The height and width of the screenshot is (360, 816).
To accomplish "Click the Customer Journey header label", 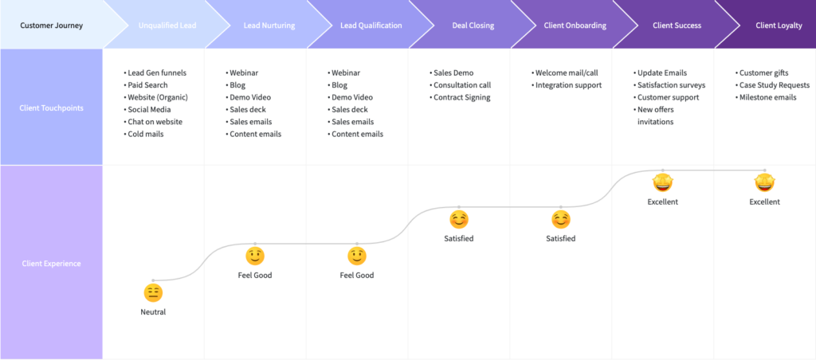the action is (51, 25).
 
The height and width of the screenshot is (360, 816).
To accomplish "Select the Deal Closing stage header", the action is (465, 25).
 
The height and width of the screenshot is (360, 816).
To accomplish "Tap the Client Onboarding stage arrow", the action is (567, 25).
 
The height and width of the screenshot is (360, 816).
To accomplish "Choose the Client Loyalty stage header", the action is (779, 25).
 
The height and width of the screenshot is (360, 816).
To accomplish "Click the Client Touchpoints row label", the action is (51, 108).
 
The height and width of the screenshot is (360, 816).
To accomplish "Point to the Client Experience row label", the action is (51, 264).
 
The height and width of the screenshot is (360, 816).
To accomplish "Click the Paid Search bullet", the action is (146, 84).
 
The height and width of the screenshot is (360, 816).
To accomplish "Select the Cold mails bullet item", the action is (143, 134).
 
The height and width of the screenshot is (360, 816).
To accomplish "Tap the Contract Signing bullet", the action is (460, 97).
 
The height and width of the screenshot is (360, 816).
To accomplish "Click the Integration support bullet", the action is (567, 84).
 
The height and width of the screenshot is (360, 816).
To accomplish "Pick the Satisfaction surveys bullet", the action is (669, 84).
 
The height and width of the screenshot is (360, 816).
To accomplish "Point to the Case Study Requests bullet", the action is (772, 84).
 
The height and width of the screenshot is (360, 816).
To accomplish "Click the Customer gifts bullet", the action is (762, 72).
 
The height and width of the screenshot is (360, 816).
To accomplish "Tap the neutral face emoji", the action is (153, 293).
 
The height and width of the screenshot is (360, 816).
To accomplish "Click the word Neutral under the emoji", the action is (153, 312).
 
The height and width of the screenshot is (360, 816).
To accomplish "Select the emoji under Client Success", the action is (662, 182).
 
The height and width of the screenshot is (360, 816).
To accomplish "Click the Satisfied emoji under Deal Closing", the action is (458, 220).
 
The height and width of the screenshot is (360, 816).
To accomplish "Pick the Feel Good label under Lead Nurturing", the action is (255, 276).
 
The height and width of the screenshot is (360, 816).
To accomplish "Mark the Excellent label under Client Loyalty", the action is (764, 202).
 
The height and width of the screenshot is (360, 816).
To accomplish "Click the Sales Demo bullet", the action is (452, 72).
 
